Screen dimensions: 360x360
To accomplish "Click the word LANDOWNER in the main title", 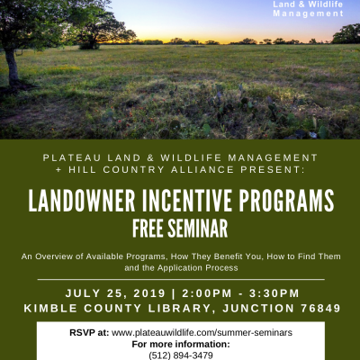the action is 82,201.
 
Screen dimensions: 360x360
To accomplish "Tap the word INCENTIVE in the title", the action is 187,201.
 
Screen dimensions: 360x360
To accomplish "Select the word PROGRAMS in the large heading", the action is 286,201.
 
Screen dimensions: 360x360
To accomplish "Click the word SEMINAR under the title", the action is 197,229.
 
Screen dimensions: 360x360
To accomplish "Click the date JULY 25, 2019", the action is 115,293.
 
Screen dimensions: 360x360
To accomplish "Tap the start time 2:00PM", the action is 207,293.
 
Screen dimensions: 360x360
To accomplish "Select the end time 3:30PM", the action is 274,293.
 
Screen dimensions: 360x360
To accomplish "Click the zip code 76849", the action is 320,308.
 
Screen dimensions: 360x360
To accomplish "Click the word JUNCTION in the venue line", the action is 258,308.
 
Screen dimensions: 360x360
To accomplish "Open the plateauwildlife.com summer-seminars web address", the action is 202,333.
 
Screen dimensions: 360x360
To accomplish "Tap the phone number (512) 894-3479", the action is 181,355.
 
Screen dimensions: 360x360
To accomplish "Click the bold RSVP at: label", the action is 89,333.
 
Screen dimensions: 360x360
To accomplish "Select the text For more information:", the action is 181,344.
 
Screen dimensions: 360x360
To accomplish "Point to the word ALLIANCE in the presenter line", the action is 202,169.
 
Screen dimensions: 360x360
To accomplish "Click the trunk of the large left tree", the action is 12,67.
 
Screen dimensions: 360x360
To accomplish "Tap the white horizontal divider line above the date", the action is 181,279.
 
